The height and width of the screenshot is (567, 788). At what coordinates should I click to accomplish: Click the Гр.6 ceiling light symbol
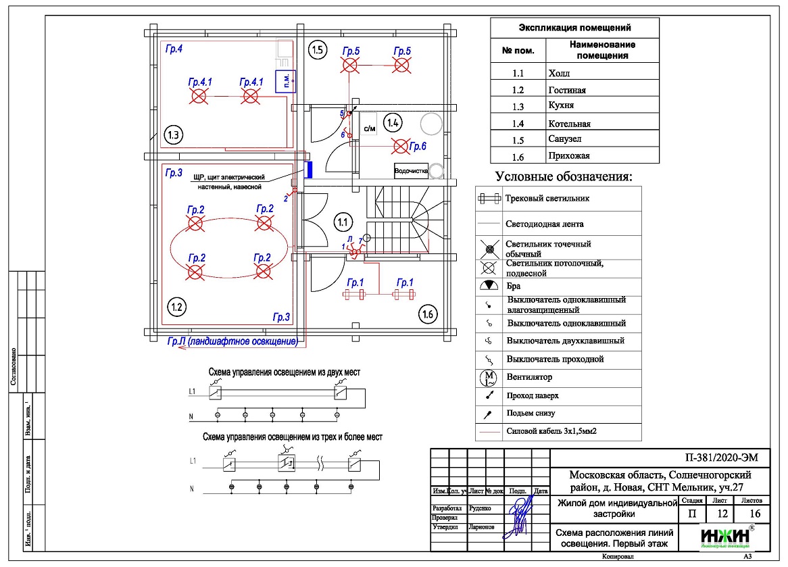tap(401, 145)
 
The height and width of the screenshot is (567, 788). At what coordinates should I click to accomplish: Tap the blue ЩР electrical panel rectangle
tap(308, 170)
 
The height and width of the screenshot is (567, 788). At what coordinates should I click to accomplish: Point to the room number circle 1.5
tap(318, 49)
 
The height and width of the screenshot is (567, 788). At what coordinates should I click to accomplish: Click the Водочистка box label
tap(412, 171)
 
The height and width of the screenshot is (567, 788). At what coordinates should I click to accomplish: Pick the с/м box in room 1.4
tap(369, 128)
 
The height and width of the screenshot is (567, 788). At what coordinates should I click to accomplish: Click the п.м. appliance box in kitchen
tap(286, 80)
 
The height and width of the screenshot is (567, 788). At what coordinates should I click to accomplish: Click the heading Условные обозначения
tap(564, 177)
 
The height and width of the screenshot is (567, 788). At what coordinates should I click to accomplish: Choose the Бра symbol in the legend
tap(489, 286)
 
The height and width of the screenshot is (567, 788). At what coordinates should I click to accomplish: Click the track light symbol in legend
tap(489, 199)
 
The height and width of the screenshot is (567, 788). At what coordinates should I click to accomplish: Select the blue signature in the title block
tap(519, 516)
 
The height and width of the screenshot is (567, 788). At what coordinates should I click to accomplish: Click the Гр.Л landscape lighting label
tap(232, 341)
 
